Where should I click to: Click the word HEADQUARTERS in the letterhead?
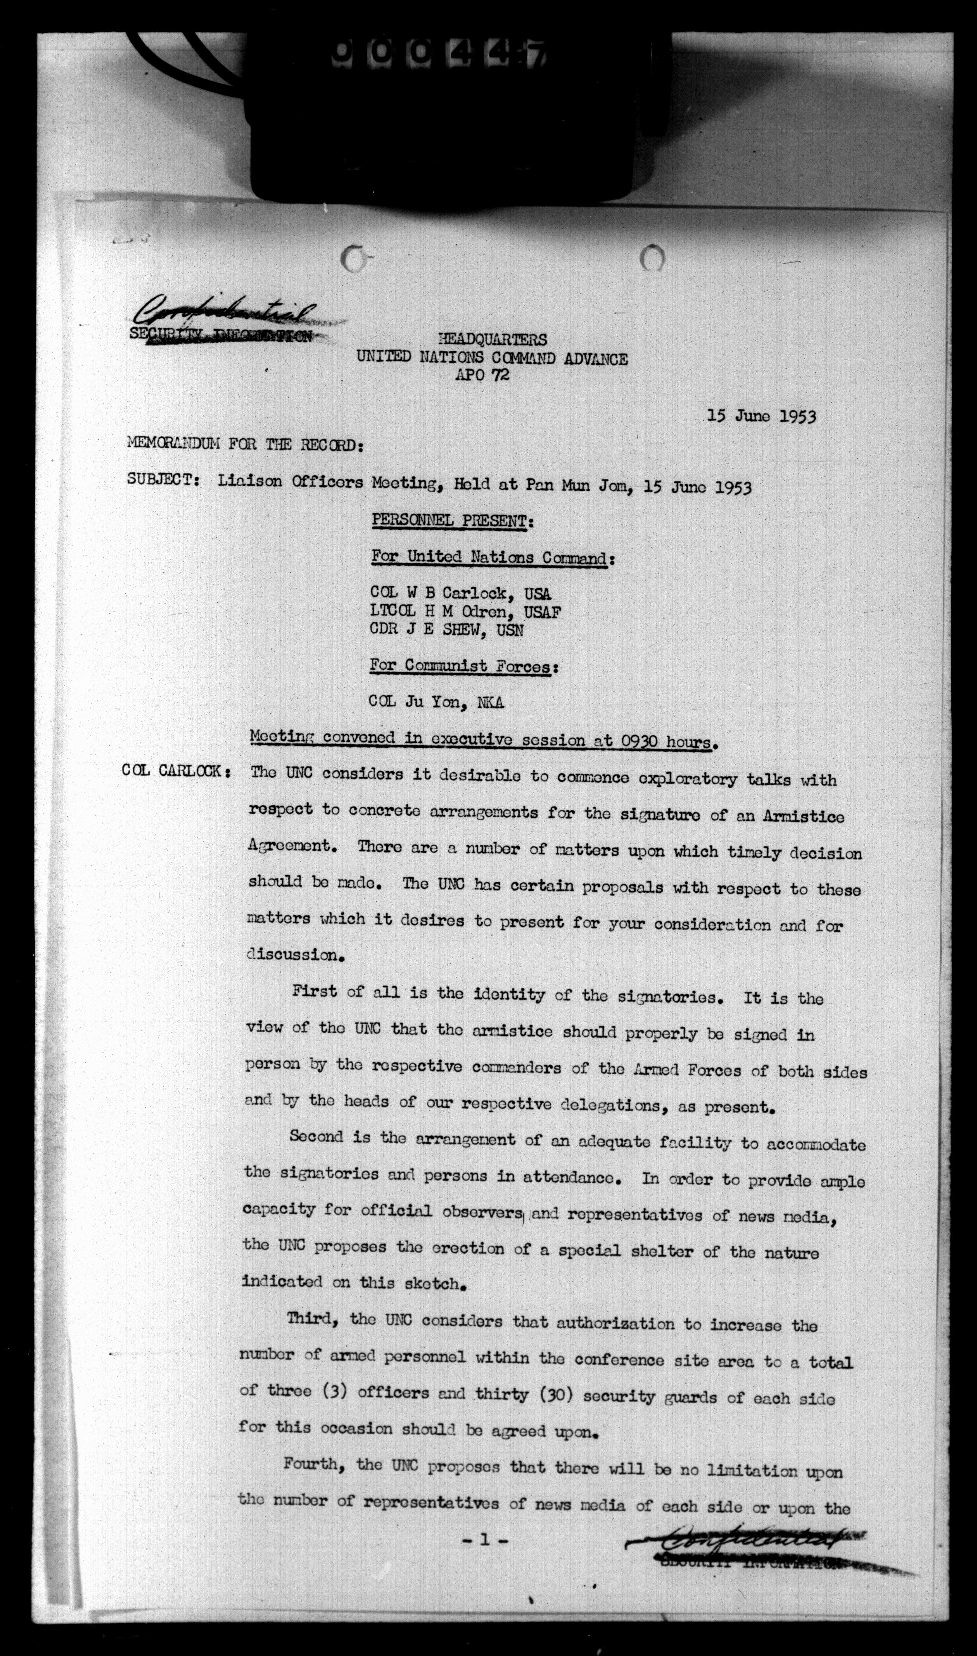pyautogui.click(x=492, y=339)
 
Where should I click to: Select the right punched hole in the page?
pyautogui.click(x=652, y=258)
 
